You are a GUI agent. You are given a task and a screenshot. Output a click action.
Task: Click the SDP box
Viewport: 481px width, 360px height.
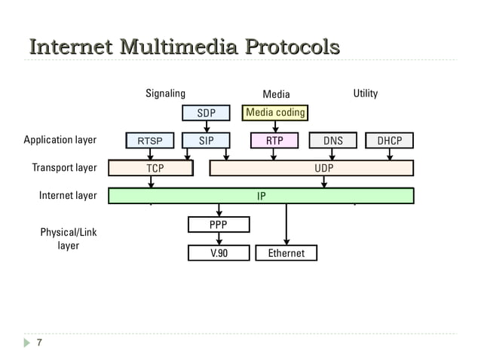(206, 113)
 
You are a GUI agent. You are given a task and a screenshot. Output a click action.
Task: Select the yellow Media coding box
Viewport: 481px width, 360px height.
(275, 113)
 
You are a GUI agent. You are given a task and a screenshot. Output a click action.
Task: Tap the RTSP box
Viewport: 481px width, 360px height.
(149, 140)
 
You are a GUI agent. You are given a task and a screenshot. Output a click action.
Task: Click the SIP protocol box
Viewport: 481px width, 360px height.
(206, 140)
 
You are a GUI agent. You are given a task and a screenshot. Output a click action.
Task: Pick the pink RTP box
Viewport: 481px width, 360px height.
(274, 140)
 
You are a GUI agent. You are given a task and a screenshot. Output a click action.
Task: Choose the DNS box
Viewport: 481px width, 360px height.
(332, 140)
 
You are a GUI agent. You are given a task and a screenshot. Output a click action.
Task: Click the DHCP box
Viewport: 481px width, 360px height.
(389, 140)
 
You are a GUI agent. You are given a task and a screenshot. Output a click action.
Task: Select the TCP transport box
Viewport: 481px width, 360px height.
(155, 168)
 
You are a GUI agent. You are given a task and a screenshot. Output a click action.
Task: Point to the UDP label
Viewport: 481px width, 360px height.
(323, 168)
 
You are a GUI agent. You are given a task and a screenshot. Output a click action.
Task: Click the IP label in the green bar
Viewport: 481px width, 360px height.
(261, 196)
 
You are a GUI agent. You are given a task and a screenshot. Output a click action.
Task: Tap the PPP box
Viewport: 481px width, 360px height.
(218, 224)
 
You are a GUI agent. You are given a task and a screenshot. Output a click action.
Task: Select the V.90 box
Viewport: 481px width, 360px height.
(218, 253)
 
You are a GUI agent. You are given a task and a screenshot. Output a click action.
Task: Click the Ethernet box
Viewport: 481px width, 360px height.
(286, 253)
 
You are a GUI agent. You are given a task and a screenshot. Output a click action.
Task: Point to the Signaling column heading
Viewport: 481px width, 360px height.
(165, 93)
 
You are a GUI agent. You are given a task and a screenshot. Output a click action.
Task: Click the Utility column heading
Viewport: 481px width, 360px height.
(366, 93)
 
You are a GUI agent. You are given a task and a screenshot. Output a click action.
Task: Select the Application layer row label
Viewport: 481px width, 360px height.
(60, 140)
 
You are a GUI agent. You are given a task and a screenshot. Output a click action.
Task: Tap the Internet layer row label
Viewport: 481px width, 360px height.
(68, 196)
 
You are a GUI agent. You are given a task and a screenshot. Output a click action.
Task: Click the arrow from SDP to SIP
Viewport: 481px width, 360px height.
(206, 127)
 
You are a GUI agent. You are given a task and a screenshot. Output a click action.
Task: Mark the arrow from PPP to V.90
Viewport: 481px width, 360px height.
(219, 239)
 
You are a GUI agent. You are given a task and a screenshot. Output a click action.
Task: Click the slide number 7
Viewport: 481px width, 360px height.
(38, 344)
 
